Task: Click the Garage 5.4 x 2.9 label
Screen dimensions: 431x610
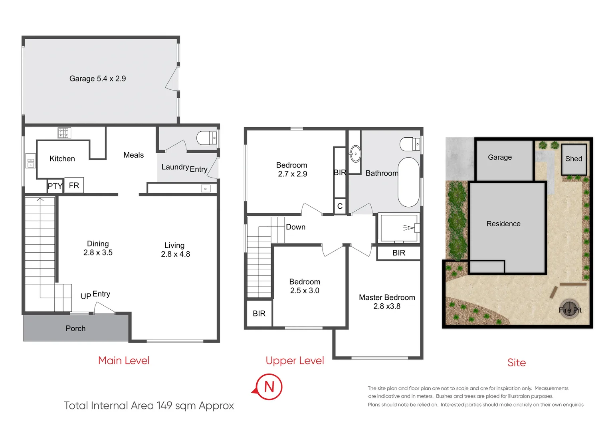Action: click(97, 79)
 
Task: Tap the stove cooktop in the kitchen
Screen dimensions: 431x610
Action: click(64, 133)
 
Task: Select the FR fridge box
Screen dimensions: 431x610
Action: click(74, 185)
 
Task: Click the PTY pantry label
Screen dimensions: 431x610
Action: click(55, 186)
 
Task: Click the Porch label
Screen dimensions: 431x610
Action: click(75, 328)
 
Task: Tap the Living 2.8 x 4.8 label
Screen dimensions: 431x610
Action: click(175, 250)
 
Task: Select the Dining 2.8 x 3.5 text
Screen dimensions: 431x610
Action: click(98, 248)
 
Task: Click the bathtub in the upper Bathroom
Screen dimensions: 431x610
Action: click(408, 182)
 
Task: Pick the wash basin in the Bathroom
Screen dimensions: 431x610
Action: click(355, 154)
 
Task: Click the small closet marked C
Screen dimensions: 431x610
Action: click(340, 206)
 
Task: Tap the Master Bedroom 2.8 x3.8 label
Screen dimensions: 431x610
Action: click(386, 302)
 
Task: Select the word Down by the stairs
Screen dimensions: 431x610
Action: click(295, 227)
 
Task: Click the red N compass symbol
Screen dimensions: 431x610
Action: click(269, 387)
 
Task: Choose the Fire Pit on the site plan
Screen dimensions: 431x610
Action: click(569, 309)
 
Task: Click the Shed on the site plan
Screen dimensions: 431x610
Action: click(574, 159)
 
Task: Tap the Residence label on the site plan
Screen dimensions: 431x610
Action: click(503, 224)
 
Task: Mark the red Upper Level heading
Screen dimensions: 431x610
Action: click(295, 361)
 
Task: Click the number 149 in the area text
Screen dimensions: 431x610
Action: click(164, 406)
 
